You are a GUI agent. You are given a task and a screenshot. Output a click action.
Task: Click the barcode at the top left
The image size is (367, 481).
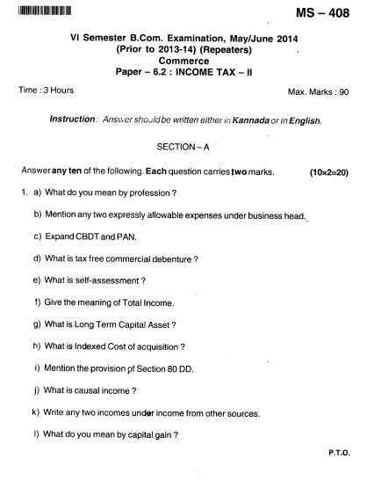[44, 10]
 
